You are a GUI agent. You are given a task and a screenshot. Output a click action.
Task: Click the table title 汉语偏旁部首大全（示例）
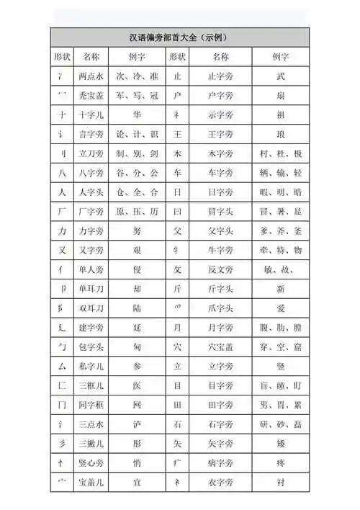(180, 37)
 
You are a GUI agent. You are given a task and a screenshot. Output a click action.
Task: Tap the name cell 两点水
(91, 76)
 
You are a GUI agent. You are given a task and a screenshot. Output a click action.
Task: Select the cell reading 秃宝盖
(91, 95)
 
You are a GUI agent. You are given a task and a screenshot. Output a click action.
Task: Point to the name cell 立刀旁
(91, 153)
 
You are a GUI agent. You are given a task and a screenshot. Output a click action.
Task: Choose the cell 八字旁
(91, 173)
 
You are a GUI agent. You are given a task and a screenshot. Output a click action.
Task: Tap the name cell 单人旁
(91, 270)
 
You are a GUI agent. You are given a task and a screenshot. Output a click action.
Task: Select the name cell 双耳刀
(91, 308)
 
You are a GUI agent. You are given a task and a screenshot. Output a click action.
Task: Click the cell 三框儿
(91, 386)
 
